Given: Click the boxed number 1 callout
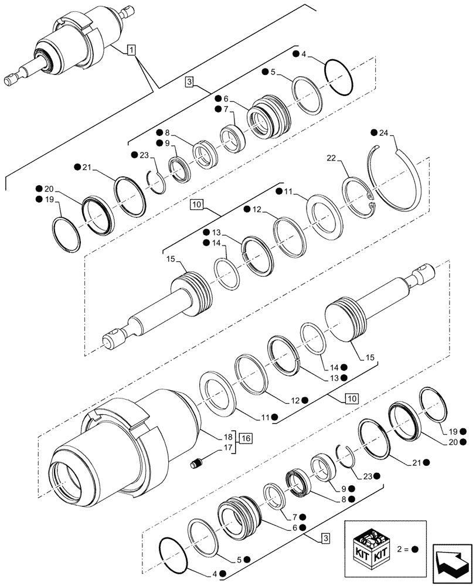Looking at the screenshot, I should click(131, 50).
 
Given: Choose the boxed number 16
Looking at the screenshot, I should click(244, 437).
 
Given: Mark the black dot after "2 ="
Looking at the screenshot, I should click(416, 550).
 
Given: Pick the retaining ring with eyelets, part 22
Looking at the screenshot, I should click(358, 200).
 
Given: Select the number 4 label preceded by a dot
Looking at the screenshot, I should click(304, 54).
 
